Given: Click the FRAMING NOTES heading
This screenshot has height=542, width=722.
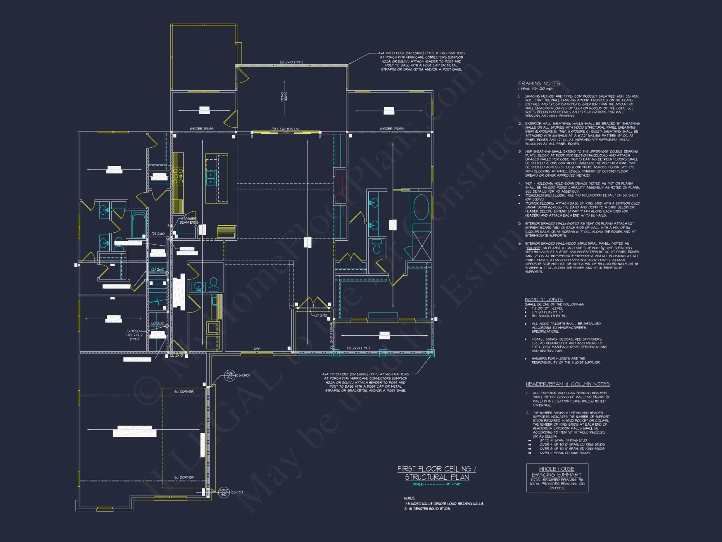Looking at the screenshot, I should point(539,83).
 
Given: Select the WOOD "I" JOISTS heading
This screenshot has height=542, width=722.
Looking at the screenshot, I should point(543,300).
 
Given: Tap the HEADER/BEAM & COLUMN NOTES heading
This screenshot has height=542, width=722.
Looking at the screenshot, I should point(567,384).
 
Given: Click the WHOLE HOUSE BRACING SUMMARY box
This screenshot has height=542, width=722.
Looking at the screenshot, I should point(557,478).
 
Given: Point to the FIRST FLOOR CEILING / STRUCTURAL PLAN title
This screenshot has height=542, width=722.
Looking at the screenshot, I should point(437,473).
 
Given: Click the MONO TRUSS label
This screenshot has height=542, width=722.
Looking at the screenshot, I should point(284,97).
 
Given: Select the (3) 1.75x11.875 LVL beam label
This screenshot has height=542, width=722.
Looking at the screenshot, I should point(286,129).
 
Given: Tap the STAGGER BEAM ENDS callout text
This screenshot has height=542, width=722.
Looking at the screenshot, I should point(189,220).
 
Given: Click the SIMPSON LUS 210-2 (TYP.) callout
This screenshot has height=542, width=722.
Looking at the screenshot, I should point(134,335).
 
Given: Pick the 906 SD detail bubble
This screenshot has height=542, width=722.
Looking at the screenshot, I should point(230,375).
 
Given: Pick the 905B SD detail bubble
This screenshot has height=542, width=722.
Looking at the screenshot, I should point(224,492).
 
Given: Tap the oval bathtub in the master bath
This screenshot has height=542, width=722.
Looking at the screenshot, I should point(421,207).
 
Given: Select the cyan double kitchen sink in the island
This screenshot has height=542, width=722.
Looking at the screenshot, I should point(211,178).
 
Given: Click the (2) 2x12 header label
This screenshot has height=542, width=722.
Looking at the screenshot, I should point(320,315).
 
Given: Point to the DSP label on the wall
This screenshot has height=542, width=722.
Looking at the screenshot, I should point(257,349).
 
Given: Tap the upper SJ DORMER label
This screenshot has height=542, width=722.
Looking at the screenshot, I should point(184,392).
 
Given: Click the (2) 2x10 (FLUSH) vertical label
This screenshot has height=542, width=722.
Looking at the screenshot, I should point(331,336).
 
